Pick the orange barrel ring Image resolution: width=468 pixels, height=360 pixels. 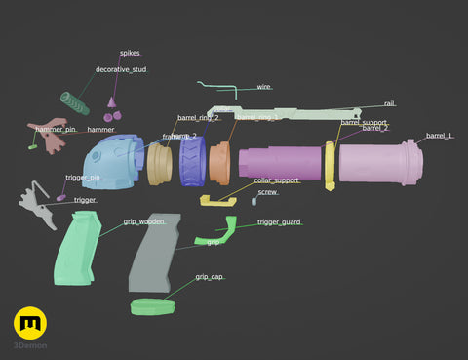(219, 163)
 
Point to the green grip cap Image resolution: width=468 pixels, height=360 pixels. (155, 306)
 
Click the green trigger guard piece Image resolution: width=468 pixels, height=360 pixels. (219, 232)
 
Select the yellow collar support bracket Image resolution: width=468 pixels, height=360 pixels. (217, 200)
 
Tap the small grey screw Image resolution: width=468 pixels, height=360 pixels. (253, 203)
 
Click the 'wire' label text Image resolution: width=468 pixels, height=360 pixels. (263, 87)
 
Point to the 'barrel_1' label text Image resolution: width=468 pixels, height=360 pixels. (440, 136)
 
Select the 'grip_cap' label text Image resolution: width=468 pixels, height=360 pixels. (210, 277)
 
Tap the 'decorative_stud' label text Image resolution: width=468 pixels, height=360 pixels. (121, 70)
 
